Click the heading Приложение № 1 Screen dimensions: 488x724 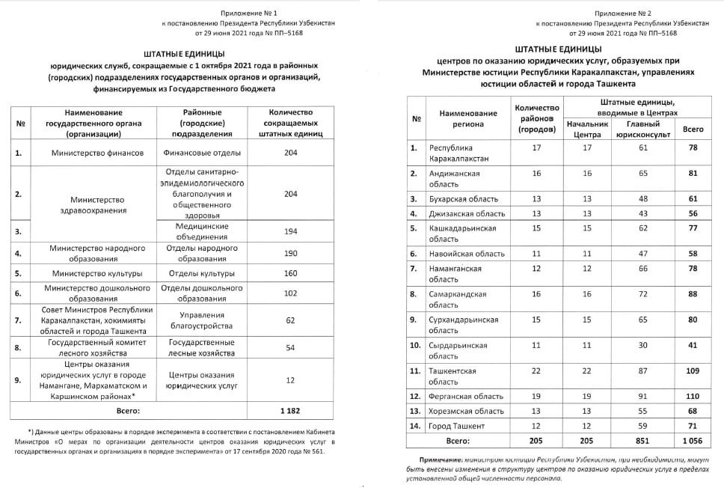(248, 13)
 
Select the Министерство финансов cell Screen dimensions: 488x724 (97, 153)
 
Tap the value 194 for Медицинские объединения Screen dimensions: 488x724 (290, 231)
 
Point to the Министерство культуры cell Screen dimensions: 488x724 (97, 273)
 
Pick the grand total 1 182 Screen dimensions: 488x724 (290, 410)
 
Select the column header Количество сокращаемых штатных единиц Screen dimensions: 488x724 (290, 123)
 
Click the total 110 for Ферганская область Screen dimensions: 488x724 (693, 396)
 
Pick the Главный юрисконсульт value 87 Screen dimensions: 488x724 (642, 370)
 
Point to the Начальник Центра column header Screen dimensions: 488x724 (587, 129)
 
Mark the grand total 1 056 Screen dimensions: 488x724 (693, 441)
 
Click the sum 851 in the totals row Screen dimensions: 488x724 (642, 441)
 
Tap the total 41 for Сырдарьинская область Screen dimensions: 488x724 (693, 345)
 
